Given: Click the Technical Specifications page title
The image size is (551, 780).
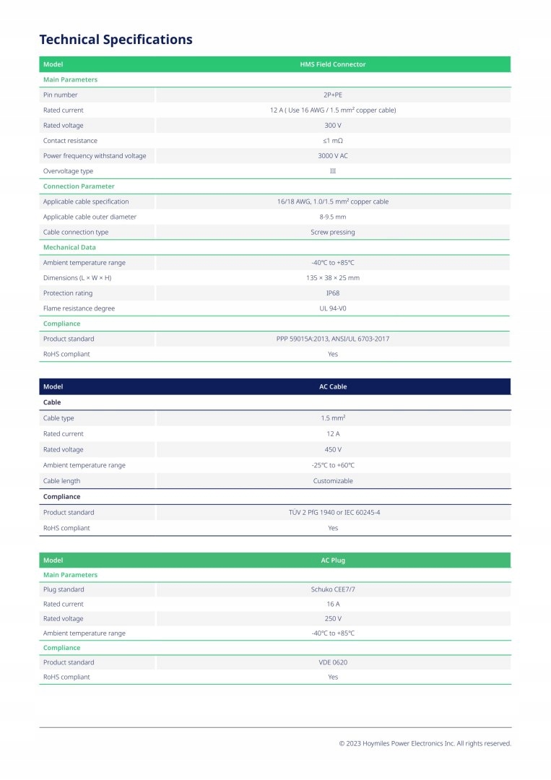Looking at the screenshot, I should (x=116, y=39).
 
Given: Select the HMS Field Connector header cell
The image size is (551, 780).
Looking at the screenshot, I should (x=333, y=64).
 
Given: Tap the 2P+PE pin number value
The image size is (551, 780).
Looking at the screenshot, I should (x=333, y=95).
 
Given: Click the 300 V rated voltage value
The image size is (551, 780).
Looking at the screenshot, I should (x=333, y=125).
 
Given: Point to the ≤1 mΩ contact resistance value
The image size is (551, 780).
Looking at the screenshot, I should (x=333, y=141).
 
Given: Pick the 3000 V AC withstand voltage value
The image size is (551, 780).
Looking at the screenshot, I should (x=333, y=156).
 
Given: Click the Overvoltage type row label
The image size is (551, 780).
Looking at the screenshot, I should (x=68, y=171).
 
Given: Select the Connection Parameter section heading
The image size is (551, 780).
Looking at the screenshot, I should (x=79, y=186).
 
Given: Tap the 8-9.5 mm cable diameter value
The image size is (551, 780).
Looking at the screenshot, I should (x=333, y=217).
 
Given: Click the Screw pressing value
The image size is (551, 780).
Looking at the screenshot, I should (x=333, y=232).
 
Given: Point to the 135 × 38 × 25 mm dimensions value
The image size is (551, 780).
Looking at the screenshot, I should (x=333, y=277).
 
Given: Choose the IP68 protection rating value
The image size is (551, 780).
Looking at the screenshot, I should (x=333, y=293).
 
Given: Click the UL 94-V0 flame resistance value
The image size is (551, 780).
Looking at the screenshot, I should (x=333, y=308).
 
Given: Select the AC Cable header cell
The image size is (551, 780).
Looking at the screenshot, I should (x=333, y=386).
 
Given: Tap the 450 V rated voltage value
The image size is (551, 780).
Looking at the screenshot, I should (x=333, y=449).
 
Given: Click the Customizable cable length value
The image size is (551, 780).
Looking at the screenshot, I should (x=333, y=481).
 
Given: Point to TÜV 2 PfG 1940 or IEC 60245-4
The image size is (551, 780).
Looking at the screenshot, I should (x=333, y=512).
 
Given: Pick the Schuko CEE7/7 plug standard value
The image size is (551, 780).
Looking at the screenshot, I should (x=333, y=589).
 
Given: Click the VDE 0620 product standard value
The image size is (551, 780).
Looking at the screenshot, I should (x=333, y=662).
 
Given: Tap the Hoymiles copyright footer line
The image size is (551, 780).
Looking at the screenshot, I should (x=425, y=743).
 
